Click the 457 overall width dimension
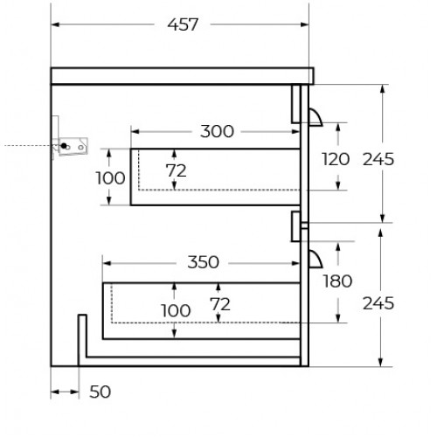point(183,24)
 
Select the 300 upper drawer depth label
point(217,131)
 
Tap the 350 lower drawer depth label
point(203,262)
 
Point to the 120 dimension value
point(336,159)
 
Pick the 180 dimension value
point(337,281)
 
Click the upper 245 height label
point(378,159)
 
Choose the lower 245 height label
point(378,303)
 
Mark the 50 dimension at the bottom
point(100,392)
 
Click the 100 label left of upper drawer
point(110,178)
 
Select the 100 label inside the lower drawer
point(176,310)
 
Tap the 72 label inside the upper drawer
point(176,170)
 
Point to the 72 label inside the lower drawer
point(220,305)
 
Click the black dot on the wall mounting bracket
point(64,145)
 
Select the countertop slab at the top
point(182,76)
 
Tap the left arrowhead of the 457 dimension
point(55,24)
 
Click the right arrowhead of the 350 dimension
point(295,263)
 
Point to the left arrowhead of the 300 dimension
point(135,132)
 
